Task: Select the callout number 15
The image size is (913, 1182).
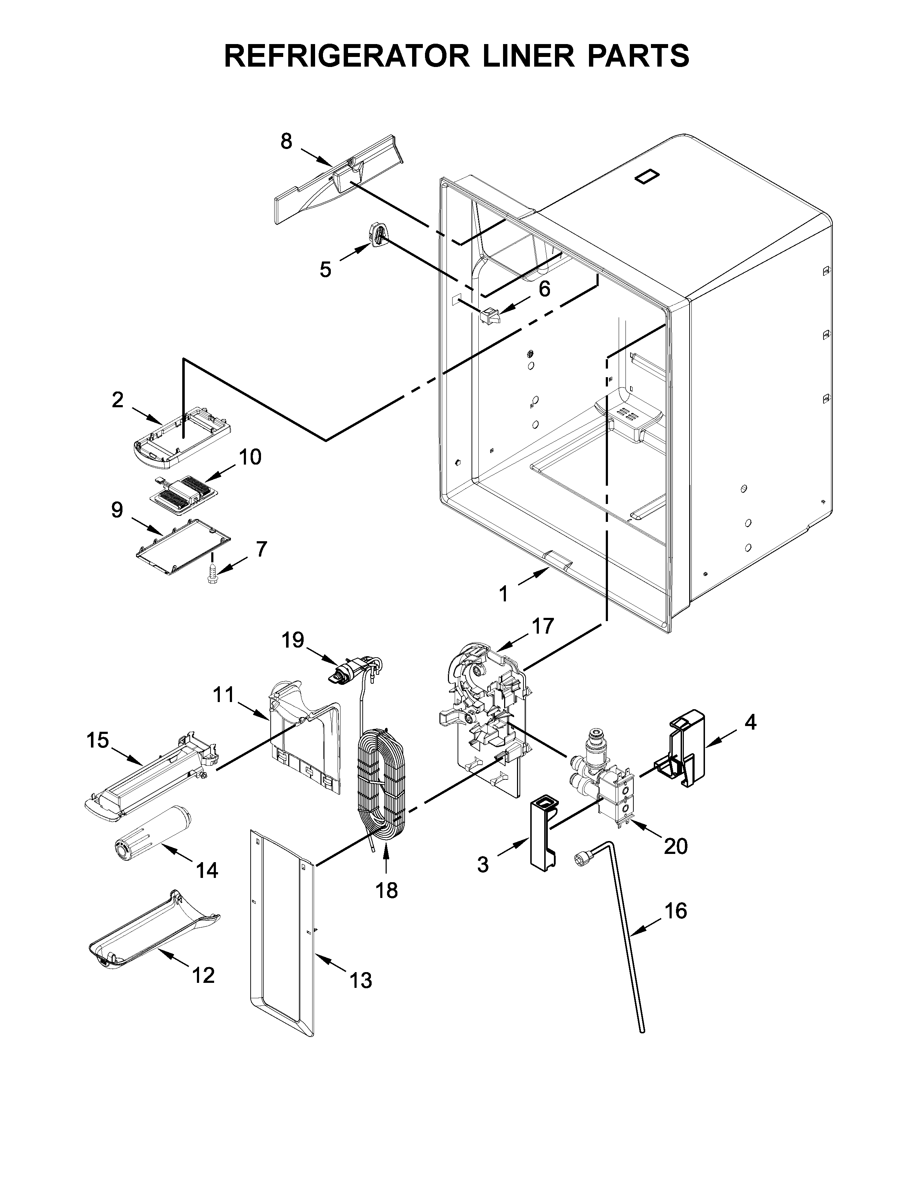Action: [97, 740]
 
